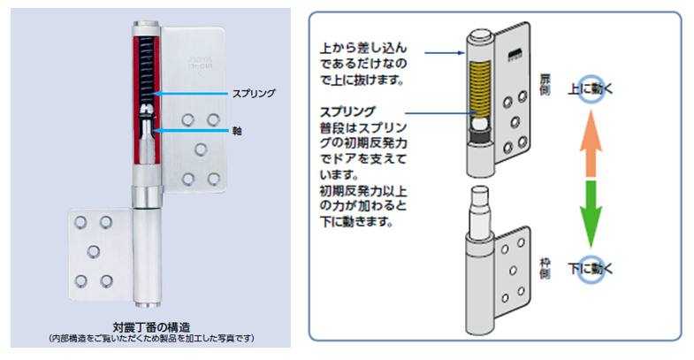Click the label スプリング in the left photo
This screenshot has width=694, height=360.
(x=254, y=93)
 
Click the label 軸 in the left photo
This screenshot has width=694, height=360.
(x=238, y=131)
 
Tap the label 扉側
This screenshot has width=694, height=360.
(x=545, y=87)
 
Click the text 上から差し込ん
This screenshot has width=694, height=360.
(x=362, y=50)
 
